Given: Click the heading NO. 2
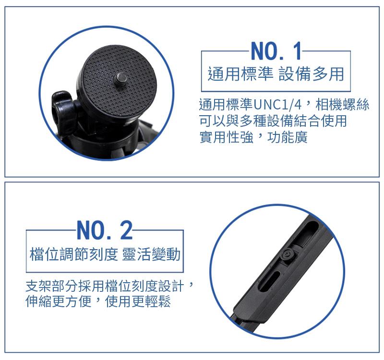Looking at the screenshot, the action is pyautogui.click(x=105, y=230).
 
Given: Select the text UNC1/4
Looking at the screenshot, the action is pyautogui.click(x=277, y=105).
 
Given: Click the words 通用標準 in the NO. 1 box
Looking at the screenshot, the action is pyautogui.click(x=240, y=74).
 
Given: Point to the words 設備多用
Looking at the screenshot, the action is pyautogui.click(x=312, y=74).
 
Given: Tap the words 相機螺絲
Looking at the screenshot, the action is pyautogui.click(x=342, y=105).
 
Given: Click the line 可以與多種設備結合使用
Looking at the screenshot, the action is pyautogui.click(x=273, y=121).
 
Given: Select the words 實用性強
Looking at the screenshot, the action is pyautogui.click(x=226, y=137).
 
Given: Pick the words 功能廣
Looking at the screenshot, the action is pyautogui.click(x=288, y=137).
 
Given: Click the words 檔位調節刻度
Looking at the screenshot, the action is pyautogui.click(x=74, y=254).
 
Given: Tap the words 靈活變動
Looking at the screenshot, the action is pyautogui.click(x=151, y=254).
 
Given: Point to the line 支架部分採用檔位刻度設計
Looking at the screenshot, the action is pyautogui.click(x=105, y=286).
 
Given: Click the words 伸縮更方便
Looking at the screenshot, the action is pyautogui.click(x=58, y=301).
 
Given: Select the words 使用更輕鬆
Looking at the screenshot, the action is pyautogui.click(x=138, y=301).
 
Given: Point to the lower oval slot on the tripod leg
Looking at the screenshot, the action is pyautogui.click(x=270, y=281).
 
